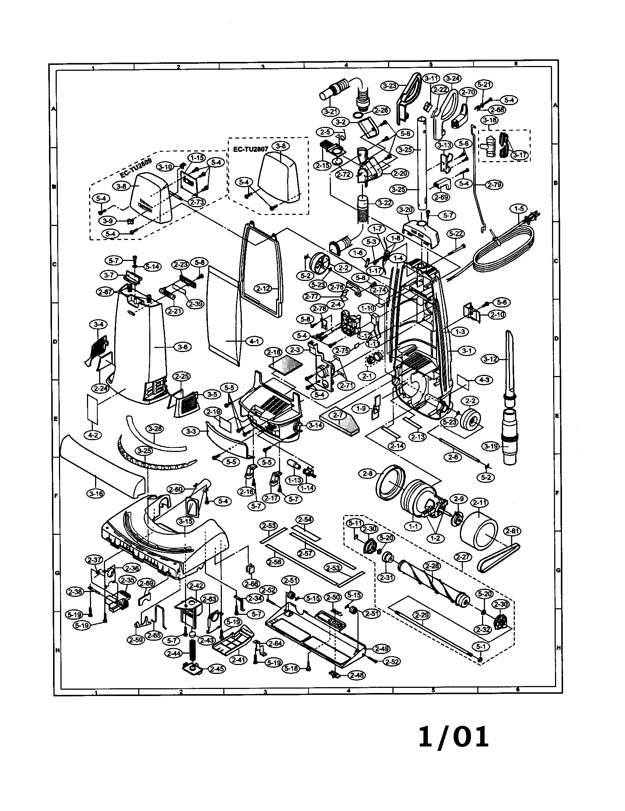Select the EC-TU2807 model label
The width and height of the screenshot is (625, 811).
[251, 149]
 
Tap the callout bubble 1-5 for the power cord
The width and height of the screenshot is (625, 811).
[519, 209]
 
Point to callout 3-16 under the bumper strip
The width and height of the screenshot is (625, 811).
[96, 494]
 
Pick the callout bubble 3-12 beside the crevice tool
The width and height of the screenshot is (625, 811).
[490, 359]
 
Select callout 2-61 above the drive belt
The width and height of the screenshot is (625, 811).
[512, 531]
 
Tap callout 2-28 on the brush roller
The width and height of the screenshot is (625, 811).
[432, 566]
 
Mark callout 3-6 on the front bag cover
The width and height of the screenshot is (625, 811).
[183, 347]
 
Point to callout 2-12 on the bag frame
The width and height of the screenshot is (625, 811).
[263, 289]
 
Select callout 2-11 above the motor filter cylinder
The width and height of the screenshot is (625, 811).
[479, 503]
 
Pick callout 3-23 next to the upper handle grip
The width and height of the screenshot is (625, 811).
[389, 86]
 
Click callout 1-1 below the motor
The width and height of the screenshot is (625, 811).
[413, 526]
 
